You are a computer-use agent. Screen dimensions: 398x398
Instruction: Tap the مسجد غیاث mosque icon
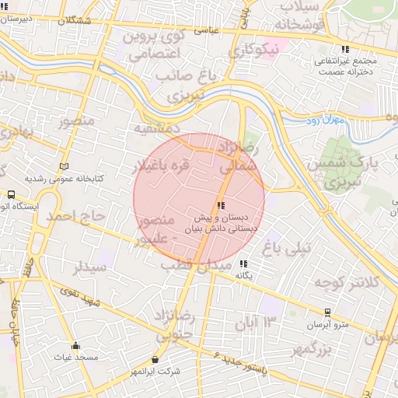(75, 346)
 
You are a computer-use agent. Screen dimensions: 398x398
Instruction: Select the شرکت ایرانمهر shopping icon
(155, 360)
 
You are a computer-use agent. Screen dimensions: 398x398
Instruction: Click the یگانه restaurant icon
(243, 264)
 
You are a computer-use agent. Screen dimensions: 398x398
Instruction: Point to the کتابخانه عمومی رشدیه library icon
(64, 166)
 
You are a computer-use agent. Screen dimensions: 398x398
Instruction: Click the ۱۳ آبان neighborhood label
(259, 322)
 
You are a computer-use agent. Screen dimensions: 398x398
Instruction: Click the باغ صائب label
(184, 76)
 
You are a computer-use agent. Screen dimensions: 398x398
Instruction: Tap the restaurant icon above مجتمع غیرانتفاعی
(345, 49)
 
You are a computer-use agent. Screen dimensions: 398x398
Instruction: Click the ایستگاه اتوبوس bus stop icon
(11, 195)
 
